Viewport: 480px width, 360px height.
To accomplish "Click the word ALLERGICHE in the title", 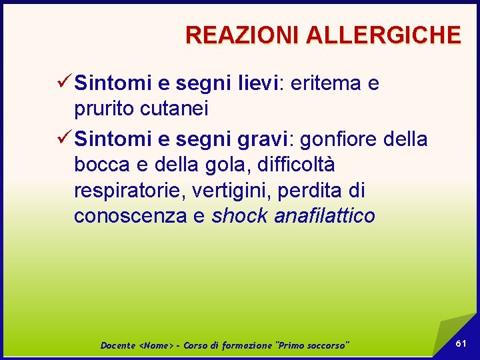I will pyautogui.click(x=384, y=35).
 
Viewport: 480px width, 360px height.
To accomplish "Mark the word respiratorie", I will pyautogui.click(x=129, y=191).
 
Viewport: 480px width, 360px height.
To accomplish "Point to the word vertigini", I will pyautogui.click(x=233, y=191).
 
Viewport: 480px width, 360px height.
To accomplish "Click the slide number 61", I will pyautogui.click(x=460, y=343).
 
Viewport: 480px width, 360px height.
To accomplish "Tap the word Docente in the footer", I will pyautogui.click(x=117, y=345).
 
